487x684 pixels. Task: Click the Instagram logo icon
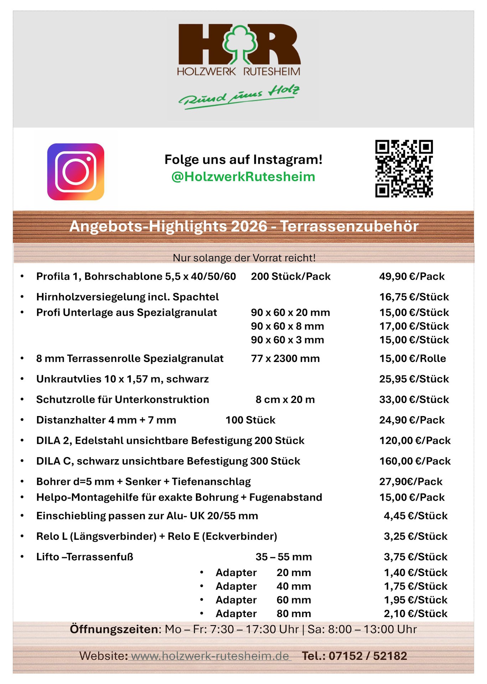[76, 172]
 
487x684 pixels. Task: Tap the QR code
[404, 169]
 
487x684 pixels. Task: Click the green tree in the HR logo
[240, 43]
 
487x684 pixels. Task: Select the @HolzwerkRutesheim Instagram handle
[243, 177]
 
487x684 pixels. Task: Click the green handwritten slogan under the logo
[239, 96]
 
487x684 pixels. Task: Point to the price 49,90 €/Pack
[412, 276]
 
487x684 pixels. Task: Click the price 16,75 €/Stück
[414, 297]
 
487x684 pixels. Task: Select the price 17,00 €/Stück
[414, 326]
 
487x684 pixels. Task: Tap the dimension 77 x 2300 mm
[285, 358]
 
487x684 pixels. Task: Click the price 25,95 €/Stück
[414, 379]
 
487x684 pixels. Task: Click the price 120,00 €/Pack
[415, 441]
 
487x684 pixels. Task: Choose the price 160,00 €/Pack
[415, 461]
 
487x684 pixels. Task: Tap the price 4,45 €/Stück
[415, 516]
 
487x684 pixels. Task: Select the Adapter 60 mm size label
[294, 600]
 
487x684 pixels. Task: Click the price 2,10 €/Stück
[415, 613]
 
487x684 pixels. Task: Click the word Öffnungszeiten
[114, 629]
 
